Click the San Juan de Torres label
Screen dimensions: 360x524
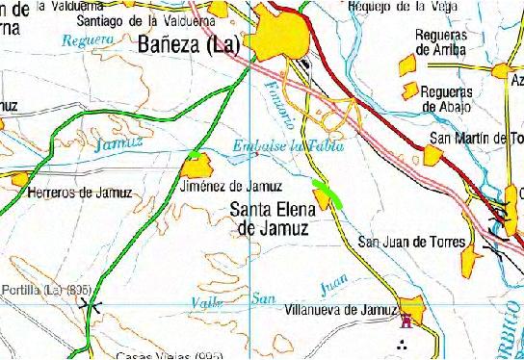[411, 243]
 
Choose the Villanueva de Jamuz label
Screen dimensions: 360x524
[342, 310]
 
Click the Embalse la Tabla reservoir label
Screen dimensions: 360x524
[288, 146]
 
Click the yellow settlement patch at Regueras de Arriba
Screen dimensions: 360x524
[408, 64]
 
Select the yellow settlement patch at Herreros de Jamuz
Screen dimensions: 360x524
[20, 179]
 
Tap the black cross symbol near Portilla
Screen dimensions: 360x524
[92, 305]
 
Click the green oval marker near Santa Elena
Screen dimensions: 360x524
[328, 190]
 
